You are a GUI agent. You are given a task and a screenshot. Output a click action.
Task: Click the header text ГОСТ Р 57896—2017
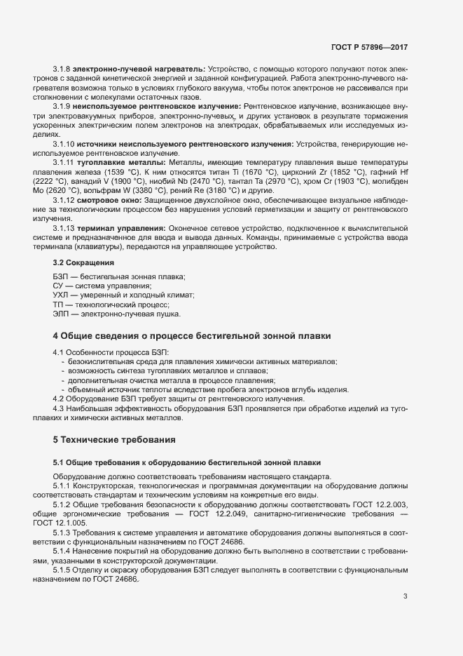[370, 48]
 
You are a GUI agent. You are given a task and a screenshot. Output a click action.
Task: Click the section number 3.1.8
[62, 68]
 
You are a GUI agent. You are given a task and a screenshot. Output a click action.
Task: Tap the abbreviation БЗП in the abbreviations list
[61, 278]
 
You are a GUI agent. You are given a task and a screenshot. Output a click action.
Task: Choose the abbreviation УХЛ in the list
[62, 296]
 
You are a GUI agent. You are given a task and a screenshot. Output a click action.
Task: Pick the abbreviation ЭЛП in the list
[62, 314]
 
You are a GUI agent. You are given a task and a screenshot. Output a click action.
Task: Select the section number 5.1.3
[62, 533]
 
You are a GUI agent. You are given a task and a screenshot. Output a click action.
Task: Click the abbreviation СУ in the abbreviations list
[58, 287]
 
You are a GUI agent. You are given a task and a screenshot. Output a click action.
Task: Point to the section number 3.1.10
[64, 144]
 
